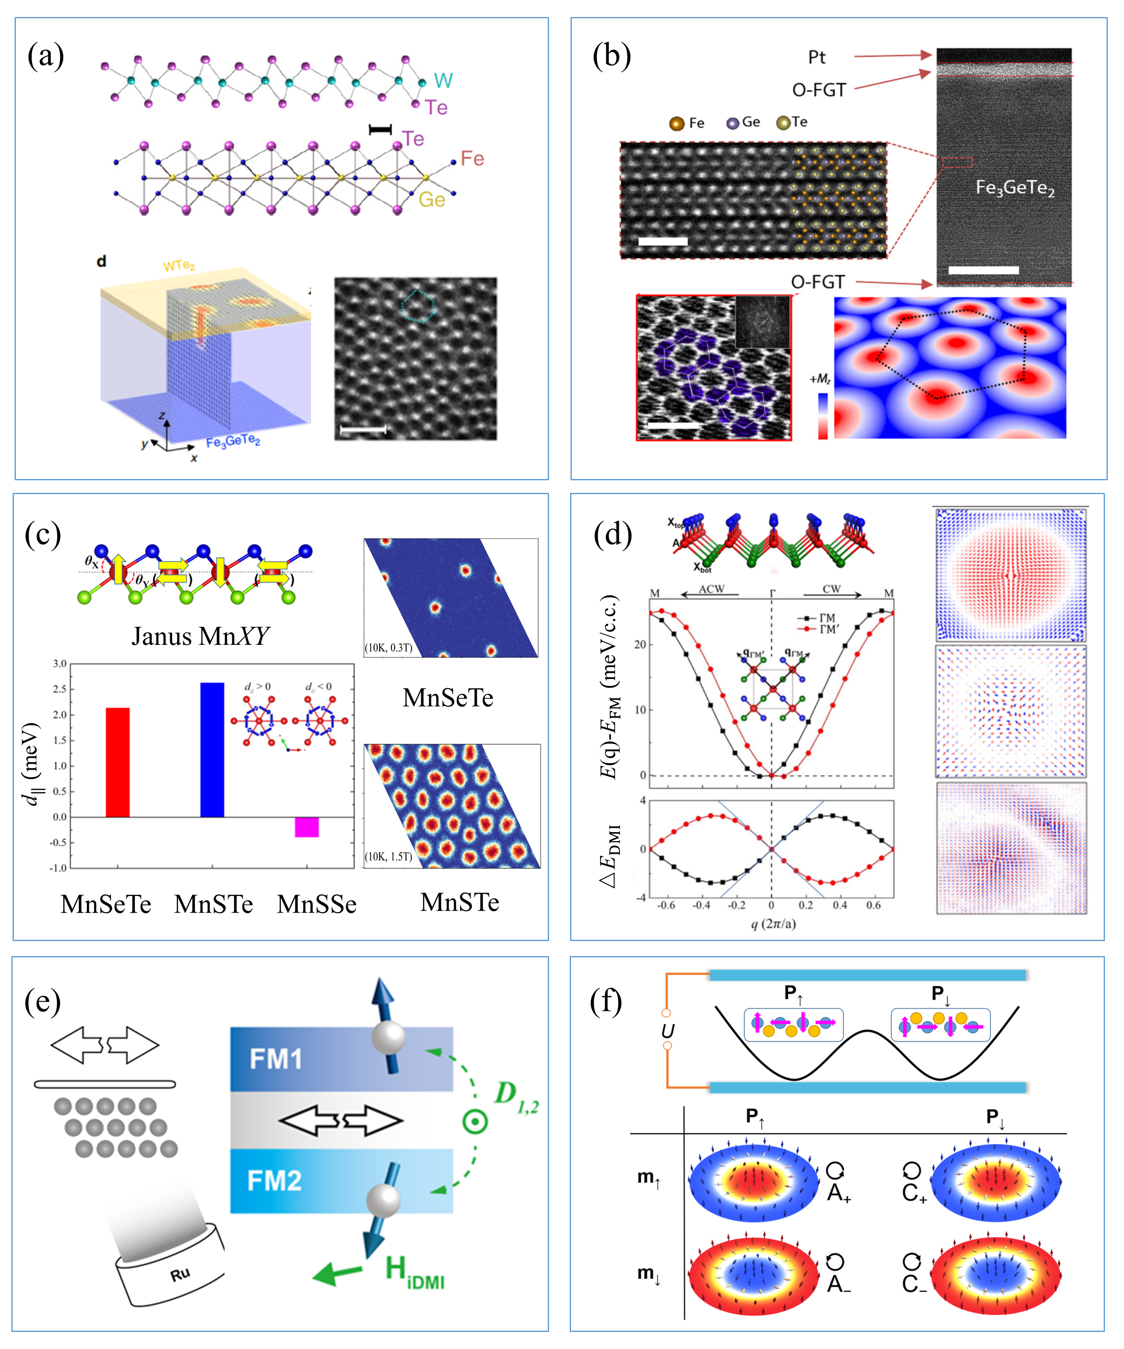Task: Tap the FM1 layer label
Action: pyautogui.click(x=276, y=1058)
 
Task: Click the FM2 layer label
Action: pyautogui.click(x=275, y=1181)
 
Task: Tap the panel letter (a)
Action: pyautogui.click(x=45, y=56)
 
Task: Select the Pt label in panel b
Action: pyautogui.click(x=817, y=57)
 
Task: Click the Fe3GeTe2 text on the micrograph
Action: pyautogui.click(x=1015, y=188)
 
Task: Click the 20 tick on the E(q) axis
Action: pyautogui.click(x=640, y=644)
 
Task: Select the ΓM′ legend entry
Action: pyautogui.click(x=828, y=629)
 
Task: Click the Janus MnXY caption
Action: pyautogui.click(x=200, y=636)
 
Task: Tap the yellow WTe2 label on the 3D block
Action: pyautogui.click(x=178, y=265)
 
